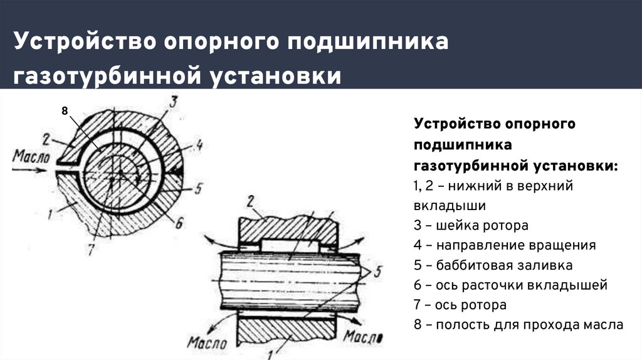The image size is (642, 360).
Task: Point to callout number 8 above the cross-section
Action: coord(64,110)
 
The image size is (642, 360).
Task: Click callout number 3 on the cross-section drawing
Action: coord(174,102)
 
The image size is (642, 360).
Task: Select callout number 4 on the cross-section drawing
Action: coord(197,145)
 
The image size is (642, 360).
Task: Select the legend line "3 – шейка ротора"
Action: coord(471,225)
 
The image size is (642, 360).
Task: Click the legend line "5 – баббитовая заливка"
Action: coord(493,265)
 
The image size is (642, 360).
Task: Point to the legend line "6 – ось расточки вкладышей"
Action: coord(510,285)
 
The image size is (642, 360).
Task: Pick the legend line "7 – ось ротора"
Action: coord(460,305)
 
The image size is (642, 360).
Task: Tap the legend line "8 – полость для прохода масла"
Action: coord(518,326)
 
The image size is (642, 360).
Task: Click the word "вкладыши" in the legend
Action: coord(450,205)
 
